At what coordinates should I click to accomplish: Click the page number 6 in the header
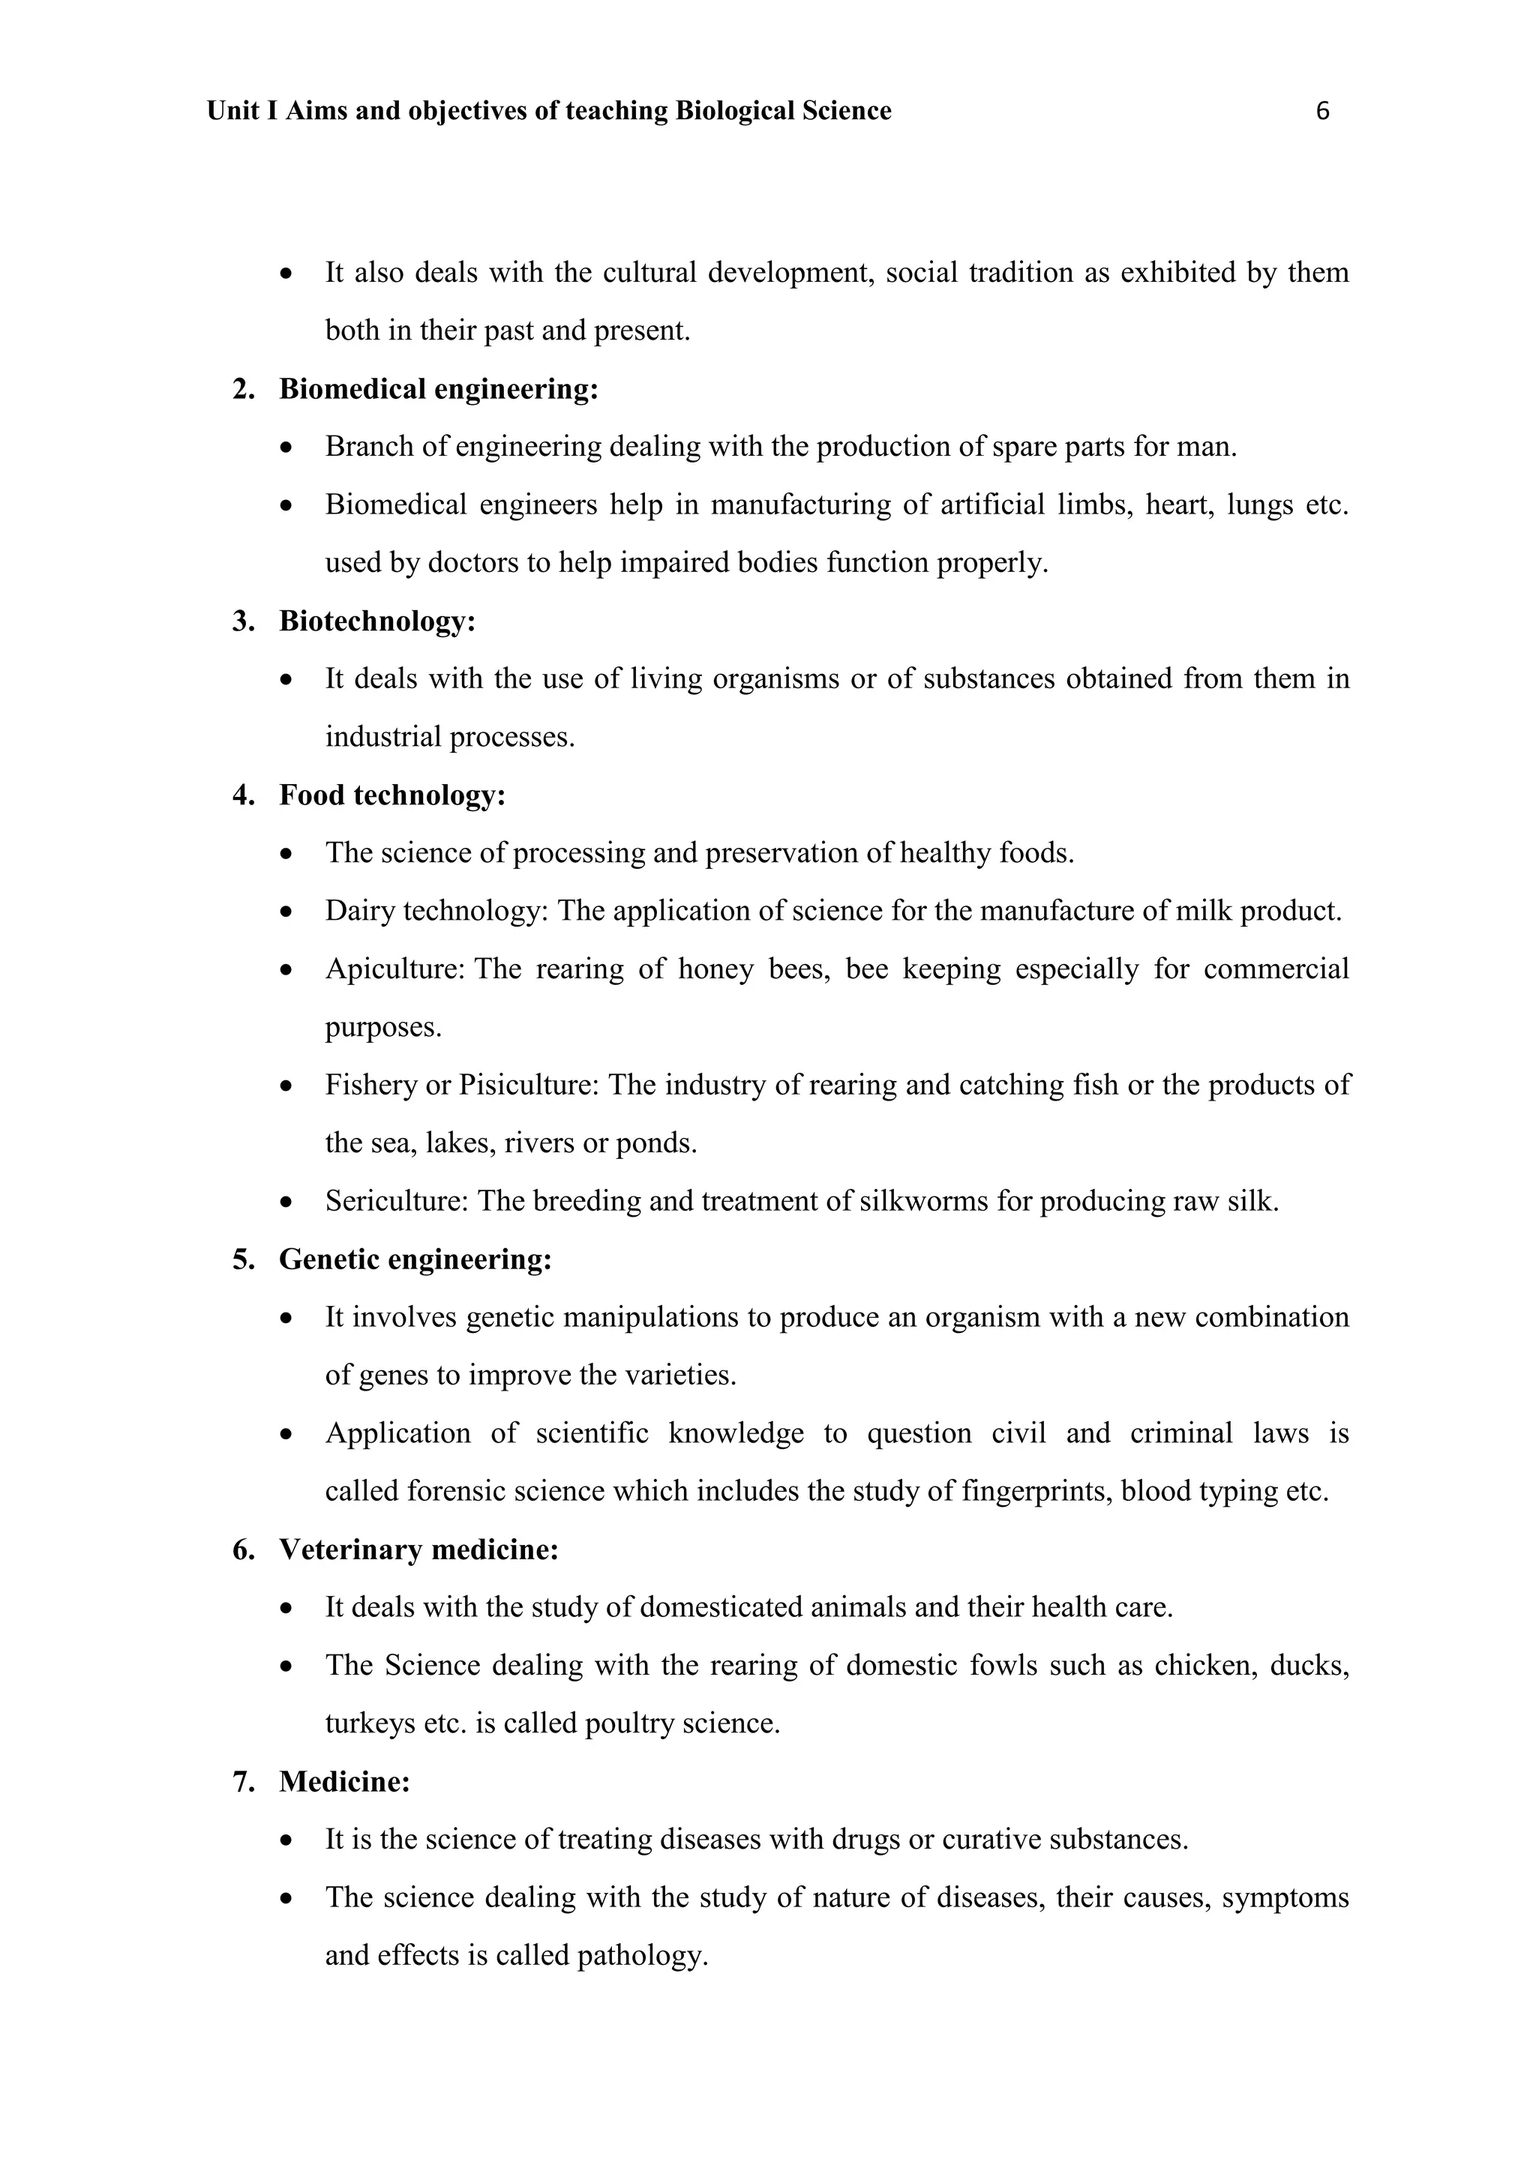(x=1322, y=112)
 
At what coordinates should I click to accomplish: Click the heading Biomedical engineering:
(x=438, y=388)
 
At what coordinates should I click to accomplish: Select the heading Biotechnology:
(x=376, y=621)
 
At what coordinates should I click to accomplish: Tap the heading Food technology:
(x=391, y=795)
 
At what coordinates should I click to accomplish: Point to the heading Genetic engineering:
(x=415, y=1259)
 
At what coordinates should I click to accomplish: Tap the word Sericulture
(x=396, y=1201)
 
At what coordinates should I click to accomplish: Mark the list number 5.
(x=242, y=1259)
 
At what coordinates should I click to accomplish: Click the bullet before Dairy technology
(x=286, y=912)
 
